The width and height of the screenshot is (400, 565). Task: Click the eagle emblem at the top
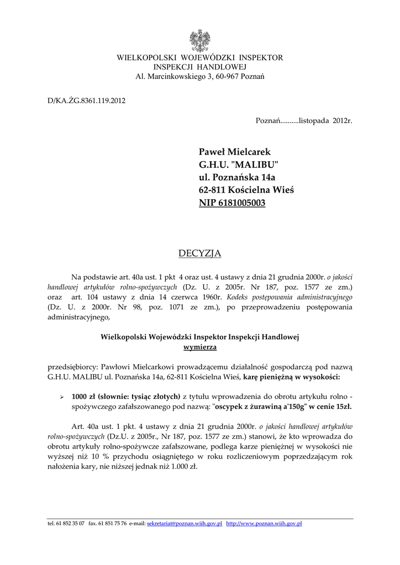pos(200,40)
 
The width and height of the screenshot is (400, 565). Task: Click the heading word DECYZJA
pos(199,253)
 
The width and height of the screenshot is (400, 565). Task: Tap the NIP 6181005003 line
pos(232,202)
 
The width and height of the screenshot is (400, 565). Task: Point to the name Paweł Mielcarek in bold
pos(235,152)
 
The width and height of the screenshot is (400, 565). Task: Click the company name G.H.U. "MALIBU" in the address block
pos(238,164)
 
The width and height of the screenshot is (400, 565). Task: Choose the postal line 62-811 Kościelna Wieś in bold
pos(246,190)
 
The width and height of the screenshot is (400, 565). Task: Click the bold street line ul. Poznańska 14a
pos(236,177)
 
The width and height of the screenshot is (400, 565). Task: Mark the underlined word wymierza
pos(200,347)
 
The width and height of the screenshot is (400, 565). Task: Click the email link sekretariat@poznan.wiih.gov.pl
pos(185,524)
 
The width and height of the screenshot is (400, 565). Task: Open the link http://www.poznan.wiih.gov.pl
pos(264,524)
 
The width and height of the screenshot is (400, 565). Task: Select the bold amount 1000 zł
pos(85,396)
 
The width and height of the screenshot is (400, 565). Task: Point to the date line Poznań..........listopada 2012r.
pos(303,120)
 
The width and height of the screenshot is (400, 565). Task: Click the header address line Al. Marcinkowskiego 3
pos(200,76)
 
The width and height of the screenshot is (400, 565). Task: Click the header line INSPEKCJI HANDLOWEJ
pos(200,67)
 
